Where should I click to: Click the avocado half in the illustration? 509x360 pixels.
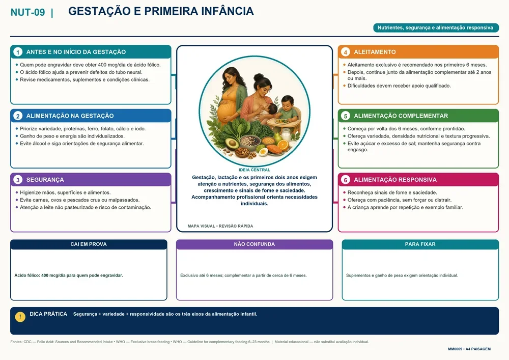(x=232, y=143)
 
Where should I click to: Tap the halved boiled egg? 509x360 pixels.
(x=263, y=152)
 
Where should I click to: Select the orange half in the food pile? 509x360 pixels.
(x=282, y=145)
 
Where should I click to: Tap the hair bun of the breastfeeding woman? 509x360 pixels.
(x=259, y=77)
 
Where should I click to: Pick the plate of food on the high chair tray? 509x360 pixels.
(x=281, y=121)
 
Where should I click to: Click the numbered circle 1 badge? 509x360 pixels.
(x=18, y=52)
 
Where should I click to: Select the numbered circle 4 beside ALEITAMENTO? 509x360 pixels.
(x=346, y=52)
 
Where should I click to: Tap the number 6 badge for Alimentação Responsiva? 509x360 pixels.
(x=346, y=180)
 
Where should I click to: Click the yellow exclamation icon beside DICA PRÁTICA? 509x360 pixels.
(x=20, y=317)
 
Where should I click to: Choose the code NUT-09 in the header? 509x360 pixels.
(x=27, y=12)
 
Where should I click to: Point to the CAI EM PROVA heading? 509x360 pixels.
(x=89, y=244)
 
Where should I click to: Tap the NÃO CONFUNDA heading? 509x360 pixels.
(x=254, y=244)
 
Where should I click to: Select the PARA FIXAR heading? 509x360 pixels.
(x=420, y=244)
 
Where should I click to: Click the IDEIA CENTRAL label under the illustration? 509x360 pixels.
(x=254, y=170)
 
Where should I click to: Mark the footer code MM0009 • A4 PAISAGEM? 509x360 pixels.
(x=469, y=349)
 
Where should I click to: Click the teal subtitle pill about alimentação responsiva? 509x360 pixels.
(x=436, y=28)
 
